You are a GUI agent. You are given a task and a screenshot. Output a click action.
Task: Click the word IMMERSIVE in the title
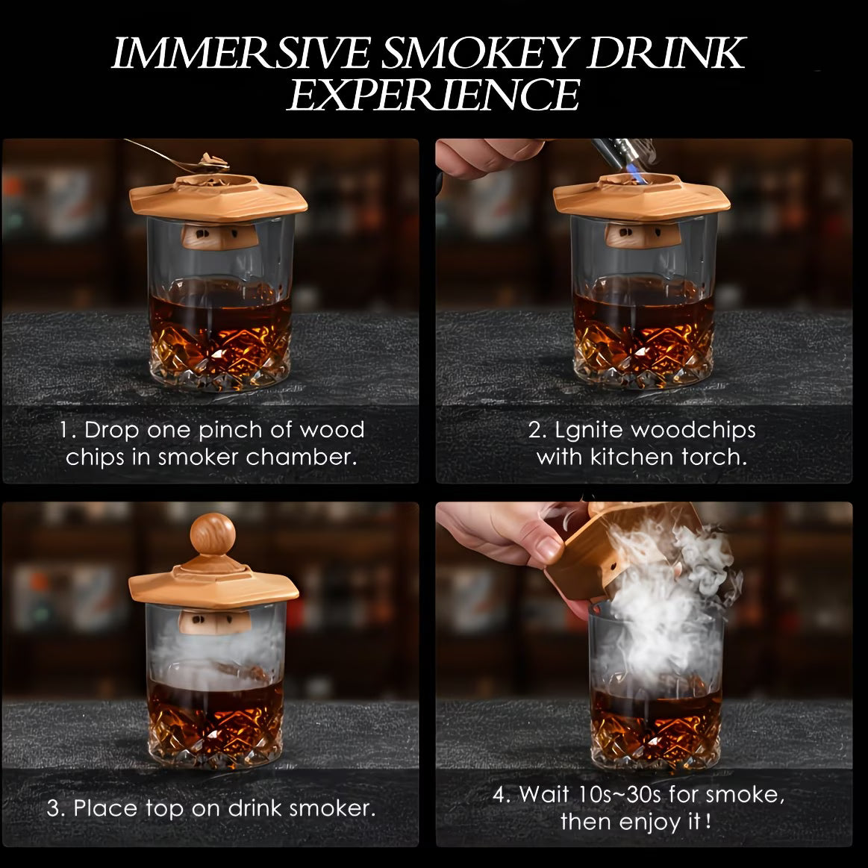(x=241, y=53)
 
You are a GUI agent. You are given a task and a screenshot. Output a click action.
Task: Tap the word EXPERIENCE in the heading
(x=434, y=95)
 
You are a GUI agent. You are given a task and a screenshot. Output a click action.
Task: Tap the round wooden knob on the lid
(x=213, y=534)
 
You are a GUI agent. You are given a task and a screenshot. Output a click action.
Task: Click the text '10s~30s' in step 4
(x=619, y=795)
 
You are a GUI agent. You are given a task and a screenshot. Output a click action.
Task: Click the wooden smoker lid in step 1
(x=218, y=198)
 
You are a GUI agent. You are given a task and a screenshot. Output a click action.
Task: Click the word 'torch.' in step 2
(x=715, y=458)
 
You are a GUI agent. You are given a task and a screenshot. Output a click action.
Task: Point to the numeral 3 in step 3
(x=54, y=809)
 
